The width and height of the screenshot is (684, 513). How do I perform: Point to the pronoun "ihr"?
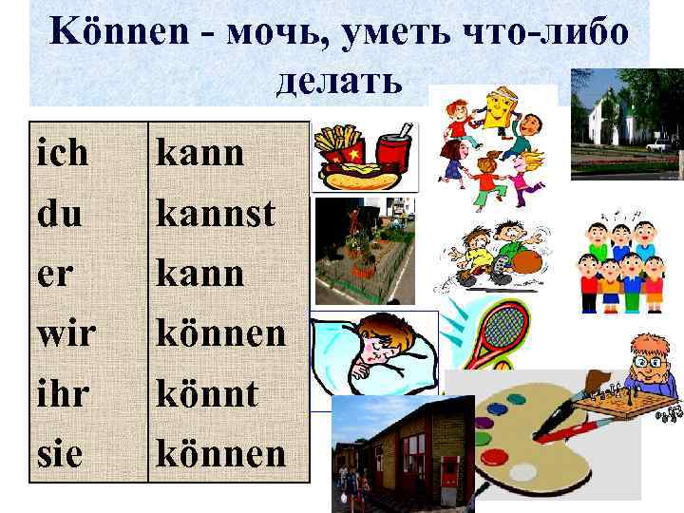(64, 392)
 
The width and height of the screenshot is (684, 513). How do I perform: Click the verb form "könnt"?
(206, 392)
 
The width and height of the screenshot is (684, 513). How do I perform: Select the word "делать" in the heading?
(339, 83)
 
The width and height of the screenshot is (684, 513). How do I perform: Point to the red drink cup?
(394, 152)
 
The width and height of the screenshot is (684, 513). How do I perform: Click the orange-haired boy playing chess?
(651, 366)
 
